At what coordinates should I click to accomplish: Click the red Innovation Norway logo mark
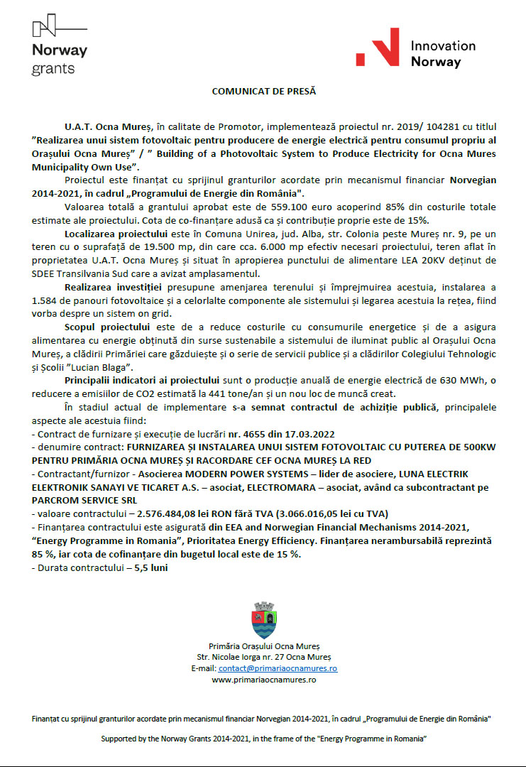(377, 49)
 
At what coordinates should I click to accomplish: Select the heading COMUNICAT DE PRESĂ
(263, 92)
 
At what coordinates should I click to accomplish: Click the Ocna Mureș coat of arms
(263, 620)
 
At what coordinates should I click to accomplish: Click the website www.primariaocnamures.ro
(263, 680)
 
